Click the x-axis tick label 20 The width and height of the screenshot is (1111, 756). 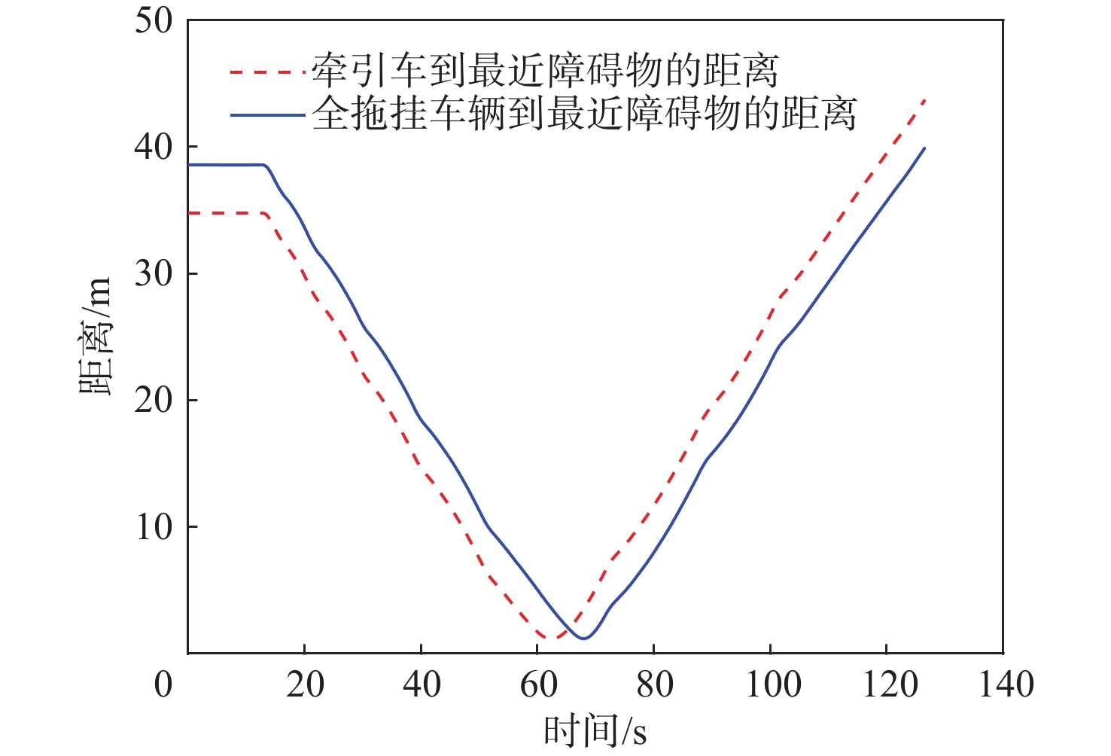pos(305,684)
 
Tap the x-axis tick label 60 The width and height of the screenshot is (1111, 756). pos(538,684)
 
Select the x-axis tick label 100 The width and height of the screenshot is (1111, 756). pos(772,684)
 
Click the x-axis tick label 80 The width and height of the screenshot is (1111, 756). pos(655,684)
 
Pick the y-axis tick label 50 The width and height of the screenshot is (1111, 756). pos(154,20)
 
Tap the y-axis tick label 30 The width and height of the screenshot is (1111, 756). pos(154,273)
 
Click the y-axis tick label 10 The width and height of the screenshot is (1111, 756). pos(154,527)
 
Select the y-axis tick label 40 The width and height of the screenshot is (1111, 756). pos(154,147)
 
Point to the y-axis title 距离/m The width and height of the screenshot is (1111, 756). pos(96,336)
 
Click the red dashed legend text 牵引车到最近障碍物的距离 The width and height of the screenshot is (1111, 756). pos(544,71)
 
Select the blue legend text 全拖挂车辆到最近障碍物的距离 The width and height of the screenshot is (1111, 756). pos(584,114)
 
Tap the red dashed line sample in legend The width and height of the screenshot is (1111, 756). pos(268,72)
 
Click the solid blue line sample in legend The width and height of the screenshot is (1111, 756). pos(268,115)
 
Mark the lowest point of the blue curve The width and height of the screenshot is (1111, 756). pos(583,639)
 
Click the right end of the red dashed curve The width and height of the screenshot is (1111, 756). pos(924,99)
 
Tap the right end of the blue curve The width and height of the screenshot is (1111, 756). pos(924,148)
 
